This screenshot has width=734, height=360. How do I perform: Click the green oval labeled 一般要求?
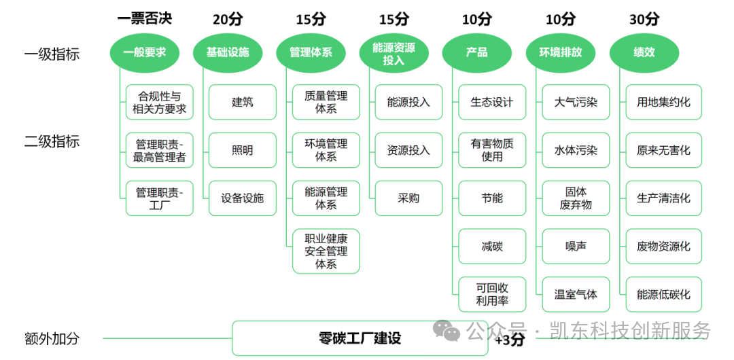pos(144,52)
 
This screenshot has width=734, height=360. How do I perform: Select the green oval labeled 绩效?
pos(644,52)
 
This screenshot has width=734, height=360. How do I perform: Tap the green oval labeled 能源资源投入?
pos(394,52)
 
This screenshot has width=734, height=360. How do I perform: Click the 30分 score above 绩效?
pos(644,19)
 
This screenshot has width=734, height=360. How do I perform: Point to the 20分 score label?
pos(227,19)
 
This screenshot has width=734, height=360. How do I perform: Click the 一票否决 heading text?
pos(144,18)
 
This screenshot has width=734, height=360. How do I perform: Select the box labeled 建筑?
pos(243,102)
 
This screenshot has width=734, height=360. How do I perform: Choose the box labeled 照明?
pos(243,150)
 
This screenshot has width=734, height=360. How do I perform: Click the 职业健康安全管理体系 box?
pos(326,251)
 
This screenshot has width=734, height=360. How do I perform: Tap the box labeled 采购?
pos(408,198)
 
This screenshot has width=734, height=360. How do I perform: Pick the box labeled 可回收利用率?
pos(492,295)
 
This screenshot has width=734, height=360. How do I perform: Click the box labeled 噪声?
pos(576,247)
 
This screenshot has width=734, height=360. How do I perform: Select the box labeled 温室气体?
pos(576,295)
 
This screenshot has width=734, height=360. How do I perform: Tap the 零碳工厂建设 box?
pos(360,338)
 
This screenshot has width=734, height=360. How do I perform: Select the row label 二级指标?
pos(52,141)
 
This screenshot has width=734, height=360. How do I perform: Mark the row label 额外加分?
pos(52,338)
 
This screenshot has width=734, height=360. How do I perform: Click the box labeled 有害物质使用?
pos(492,150)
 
